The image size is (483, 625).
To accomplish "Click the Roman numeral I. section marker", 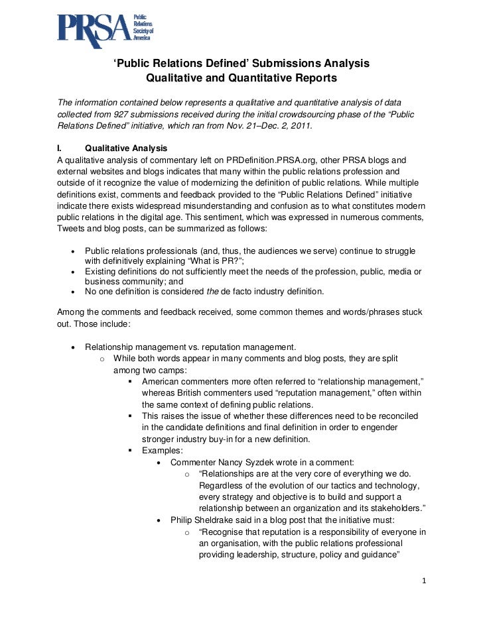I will coord(60,148).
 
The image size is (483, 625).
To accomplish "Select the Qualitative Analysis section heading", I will coord(126,148).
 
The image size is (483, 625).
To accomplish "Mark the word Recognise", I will coord(226,532).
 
